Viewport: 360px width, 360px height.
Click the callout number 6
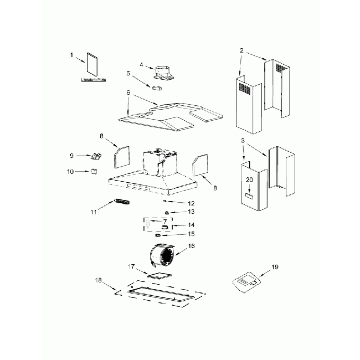tap(128, 93)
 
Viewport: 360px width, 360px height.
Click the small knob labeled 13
tap(166, 213)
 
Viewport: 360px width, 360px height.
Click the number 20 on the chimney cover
tap(249, 180)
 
